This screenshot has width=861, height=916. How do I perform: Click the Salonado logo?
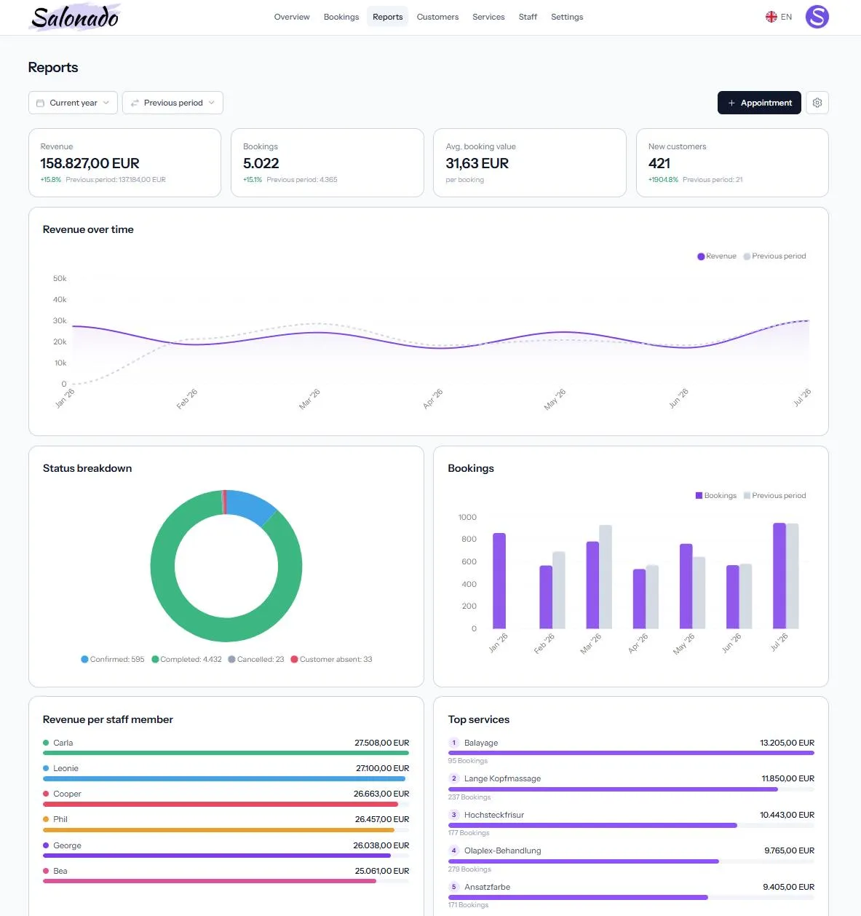[x=75, y=17]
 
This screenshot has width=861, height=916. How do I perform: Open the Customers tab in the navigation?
[x=437, y=17]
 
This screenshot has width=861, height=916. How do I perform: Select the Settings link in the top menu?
[x=567, y=17]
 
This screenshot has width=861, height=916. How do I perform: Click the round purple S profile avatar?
[x=817, y=17]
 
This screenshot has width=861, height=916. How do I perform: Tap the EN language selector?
[x=779, y=17]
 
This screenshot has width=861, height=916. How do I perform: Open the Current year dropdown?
[x=73, y=103]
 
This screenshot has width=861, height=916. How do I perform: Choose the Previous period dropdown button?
[x=172, y=103]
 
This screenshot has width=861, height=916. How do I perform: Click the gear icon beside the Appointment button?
[x=817, y=103]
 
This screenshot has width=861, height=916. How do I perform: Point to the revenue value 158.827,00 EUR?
[x=90, y=163]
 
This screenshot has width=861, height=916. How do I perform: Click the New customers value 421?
[x=659, y=163]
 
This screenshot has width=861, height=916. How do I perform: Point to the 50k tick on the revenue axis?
[x=60, y=279]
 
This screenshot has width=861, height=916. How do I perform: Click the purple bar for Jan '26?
[x=499, y=580]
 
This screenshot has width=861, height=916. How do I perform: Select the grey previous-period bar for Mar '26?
[x=606, y=577]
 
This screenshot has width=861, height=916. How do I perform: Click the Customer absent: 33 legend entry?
[x=331, y=660]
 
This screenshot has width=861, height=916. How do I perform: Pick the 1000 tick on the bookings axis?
[x=467, y=518]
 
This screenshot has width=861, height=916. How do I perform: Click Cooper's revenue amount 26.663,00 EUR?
[x=381, y=794]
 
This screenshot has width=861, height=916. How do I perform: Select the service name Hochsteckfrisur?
[x=494, y=815]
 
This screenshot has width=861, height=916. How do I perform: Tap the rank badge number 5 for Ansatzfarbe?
[x=453, y=887]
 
